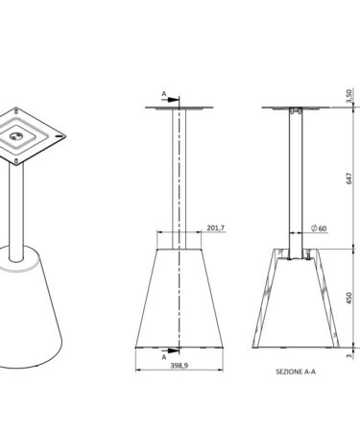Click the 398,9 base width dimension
[x=179, y=365]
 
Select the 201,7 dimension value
[x=216, y=228]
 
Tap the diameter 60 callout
[x=319, y=228]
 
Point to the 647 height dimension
[x=349, y=179]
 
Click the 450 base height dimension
[x=349, y=298]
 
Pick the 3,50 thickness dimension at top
[x=349, y=96]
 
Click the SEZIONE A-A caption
[x=296, y=372]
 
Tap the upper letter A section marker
[x=164, y=94]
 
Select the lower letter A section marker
[x=164, y=357]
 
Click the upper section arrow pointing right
[x=171, y=100]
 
